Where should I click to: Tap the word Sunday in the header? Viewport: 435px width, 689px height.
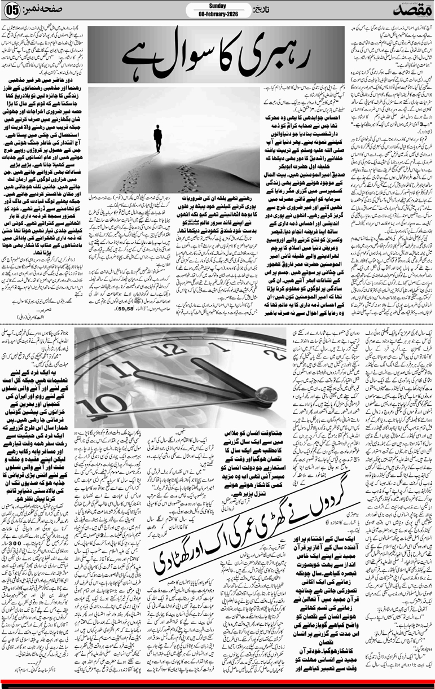click(x=217, y=6)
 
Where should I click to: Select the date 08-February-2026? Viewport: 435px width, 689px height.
click(x=217, y=14)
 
